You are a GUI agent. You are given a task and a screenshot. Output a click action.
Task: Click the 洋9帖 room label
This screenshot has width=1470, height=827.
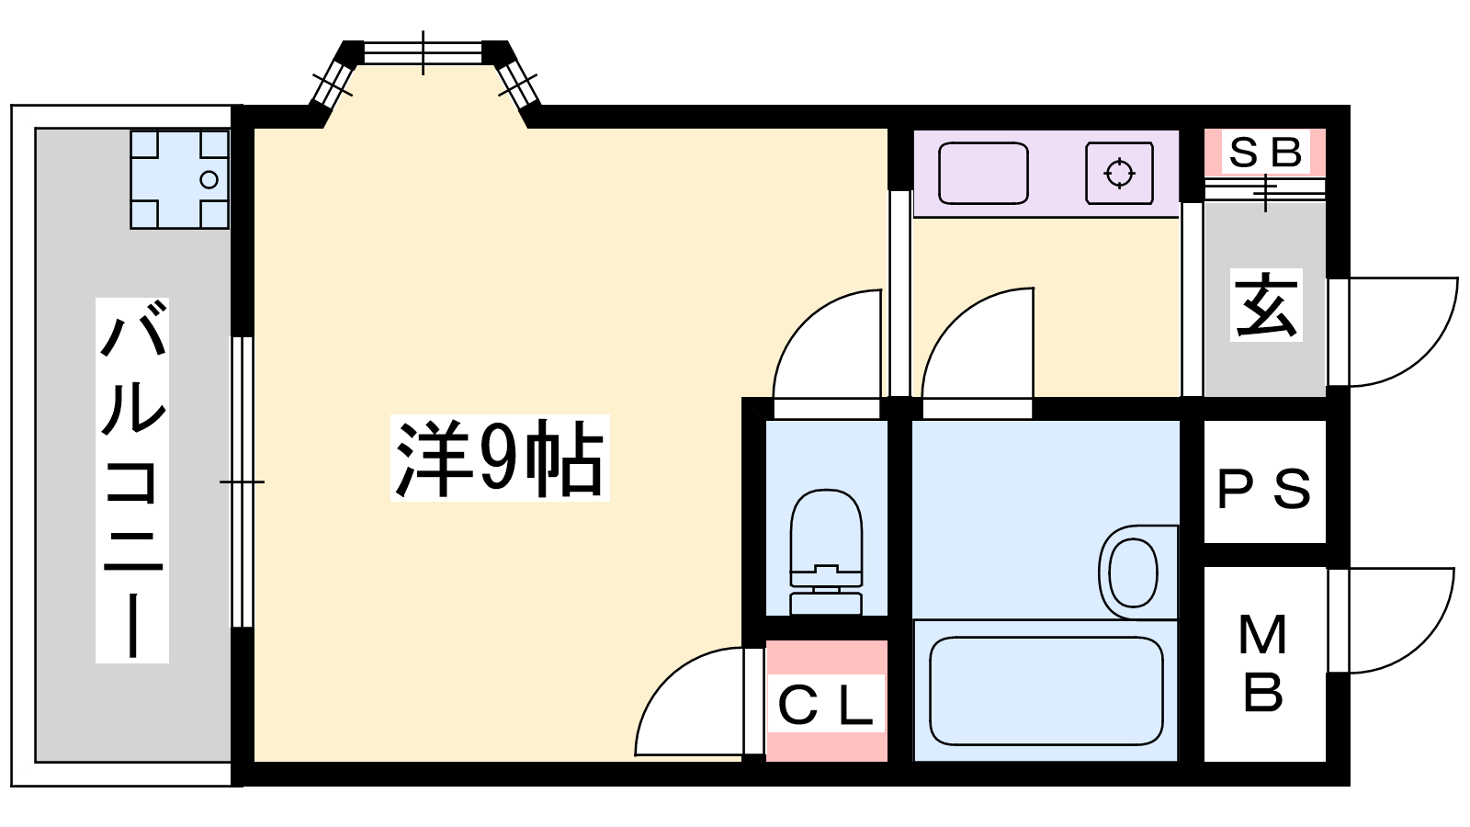tap(501, 458)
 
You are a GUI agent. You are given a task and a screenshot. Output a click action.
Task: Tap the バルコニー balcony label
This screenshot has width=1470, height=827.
tap(132, 480)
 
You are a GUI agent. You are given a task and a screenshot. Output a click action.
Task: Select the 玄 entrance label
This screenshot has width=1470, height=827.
tap(1266, 305)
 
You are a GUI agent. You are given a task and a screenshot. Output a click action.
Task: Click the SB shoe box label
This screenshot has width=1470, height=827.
tap(1265, 153)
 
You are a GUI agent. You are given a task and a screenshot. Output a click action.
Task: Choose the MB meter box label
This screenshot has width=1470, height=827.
tap(1263, 663)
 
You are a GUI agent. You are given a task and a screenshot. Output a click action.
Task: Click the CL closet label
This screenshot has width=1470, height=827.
tap(825, 705)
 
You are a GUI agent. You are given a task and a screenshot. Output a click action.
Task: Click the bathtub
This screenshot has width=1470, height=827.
tap(1046, 691)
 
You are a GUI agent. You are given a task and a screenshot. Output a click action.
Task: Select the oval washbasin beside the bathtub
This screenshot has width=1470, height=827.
tap(1134, 572)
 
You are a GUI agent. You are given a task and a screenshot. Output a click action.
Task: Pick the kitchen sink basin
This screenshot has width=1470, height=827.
tap(983, 173)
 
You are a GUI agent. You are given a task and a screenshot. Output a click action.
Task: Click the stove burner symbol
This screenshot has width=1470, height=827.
tap(1119, 173)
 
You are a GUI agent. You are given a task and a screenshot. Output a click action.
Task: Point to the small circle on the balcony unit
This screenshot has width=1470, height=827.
tap(209, 180)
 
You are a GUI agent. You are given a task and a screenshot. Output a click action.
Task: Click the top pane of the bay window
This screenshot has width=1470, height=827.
tap(423, 52)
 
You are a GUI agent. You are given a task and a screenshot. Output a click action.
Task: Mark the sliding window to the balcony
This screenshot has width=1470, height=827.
tap(242, 481)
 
